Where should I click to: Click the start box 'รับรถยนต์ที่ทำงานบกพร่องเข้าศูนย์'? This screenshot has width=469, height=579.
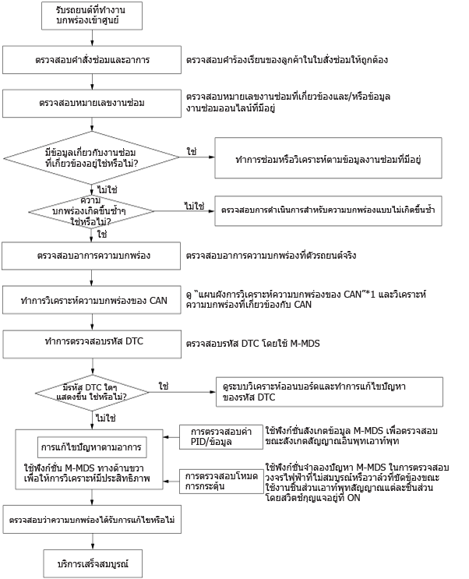click(92, 16)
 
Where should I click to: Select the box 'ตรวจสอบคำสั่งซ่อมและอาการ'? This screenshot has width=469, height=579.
click(92, 60)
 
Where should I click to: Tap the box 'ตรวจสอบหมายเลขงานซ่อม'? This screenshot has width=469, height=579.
click(92, 104)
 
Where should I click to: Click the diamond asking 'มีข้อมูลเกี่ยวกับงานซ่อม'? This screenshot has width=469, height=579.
click(92, 158)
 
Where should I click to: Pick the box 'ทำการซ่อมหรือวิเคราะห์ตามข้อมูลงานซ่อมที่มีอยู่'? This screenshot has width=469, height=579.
click(328, 158)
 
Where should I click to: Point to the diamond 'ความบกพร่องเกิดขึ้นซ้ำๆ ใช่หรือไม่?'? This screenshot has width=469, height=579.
click(91, 212)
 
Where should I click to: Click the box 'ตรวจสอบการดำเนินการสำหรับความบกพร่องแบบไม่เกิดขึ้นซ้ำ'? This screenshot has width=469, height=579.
click(328, 210)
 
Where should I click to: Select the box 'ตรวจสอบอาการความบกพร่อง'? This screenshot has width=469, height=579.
click(91, 256)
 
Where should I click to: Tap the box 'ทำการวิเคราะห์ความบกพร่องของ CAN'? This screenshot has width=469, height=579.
click(92, 301)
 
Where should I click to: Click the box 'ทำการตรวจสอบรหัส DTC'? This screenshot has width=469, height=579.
click(93, 344)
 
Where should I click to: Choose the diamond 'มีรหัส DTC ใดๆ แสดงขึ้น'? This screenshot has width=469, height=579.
click(92, 393)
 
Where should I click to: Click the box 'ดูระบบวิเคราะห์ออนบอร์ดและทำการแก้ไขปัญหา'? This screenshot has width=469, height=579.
click(330, 392)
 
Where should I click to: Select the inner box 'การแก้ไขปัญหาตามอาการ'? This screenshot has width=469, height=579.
click(92, 447)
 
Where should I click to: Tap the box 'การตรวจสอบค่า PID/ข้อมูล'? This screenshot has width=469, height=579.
click(221, 437)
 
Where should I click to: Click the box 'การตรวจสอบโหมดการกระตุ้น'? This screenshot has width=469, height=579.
click(221, 481)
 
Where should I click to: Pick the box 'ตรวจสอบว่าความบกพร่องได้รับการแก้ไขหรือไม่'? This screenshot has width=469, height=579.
click(93, 520)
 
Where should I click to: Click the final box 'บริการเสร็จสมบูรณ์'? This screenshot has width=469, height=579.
click(93, 564)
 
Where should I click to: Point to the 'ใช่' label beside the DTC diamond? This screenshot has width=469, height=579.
click(164, 387)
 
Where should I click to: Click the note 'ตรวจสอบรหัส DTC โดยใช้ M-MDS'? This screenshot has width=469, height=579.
click(253, 344)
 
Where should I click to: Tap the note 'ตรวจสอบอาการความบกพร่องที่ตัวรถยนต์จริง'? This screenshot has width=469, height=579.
click(271, 256)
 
